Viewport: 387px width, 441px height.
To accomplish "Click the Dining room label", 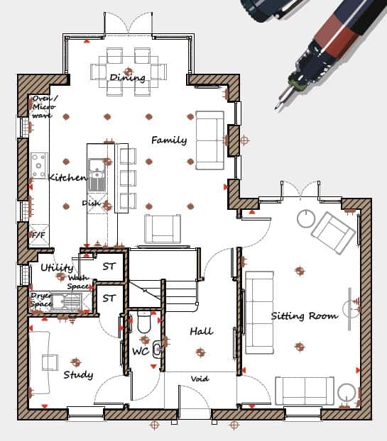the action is pyautogui.click(x=127, y=77).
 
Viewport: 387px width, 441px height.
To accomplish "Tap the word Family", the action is pyautogui.click(x=169, y=140).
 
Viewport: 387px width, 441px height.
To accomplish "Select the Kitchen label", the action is pyautogui.click(x=67, y=177).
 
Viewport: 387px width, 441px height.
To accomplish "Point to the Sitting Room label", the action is pyautogui.click(x=304, y=316).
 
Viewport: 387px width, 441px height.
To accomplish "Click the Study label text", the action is pyautogui.click(x=78, y=374).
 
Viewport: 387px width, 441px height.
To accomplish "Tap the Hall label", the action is pyautogui.click(x=201, y=331).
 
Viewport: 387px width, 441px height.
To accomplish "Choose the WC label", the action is pyautogui.click(x=141, y=351).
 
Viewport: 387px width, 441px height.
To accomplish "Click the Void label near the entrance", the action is pyautogui.click(x=200, y=379).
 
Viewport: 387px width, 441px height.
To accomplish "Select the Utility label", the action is pyautogui.click(x=57, y=267).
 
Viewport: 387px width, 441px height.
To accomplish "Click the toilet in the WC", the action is pyautogui.click(x=145, y=321).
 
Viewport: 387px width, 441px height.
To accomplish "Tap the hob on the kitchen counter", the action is pyautogui.click(x=38, y=166).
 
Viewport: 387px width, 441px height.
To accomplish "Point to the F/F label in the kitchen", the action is pyautogui.click(x=38, y=235).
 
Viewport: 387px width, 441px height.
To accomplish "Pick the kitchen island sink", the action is pyautogui.click(x=97, y=175).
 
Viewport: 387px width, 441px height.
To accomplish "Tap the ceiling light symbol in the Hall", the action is pyautogui.click(x=200, y=352).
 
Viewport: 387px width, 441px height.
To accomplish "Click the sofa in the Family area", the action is pyautogui.click(x=210, y=140).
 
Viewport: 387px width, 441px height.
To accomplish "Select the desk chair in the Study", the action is pyautogui.click(x=50, y=362).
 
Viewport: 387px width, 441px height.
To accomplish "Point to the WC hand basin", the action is pyautogui.click(x=157, y=350).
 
